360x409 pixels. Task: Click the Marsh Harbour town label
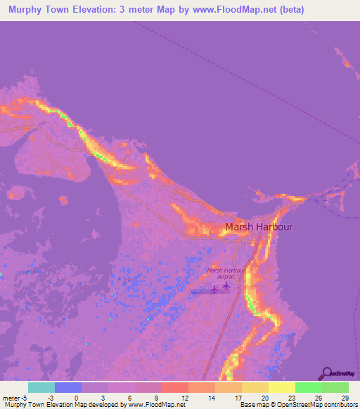pyautogui.click(x=258, y=227)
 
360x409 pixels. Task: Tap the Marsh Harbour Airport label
pyautogui.click(x=226, y=273)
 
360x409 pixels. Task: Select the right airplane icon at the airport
pyautogui.click(x=226, y=285)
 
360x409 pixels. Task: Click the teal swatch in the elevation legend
pyautogui.click(x=41, y=387)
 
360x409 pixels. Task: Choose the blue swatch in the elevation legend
pyautogui.click(x=68, y=387)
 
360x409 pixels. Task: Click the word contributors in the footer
pyautogui.click(x=337, y=405)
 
